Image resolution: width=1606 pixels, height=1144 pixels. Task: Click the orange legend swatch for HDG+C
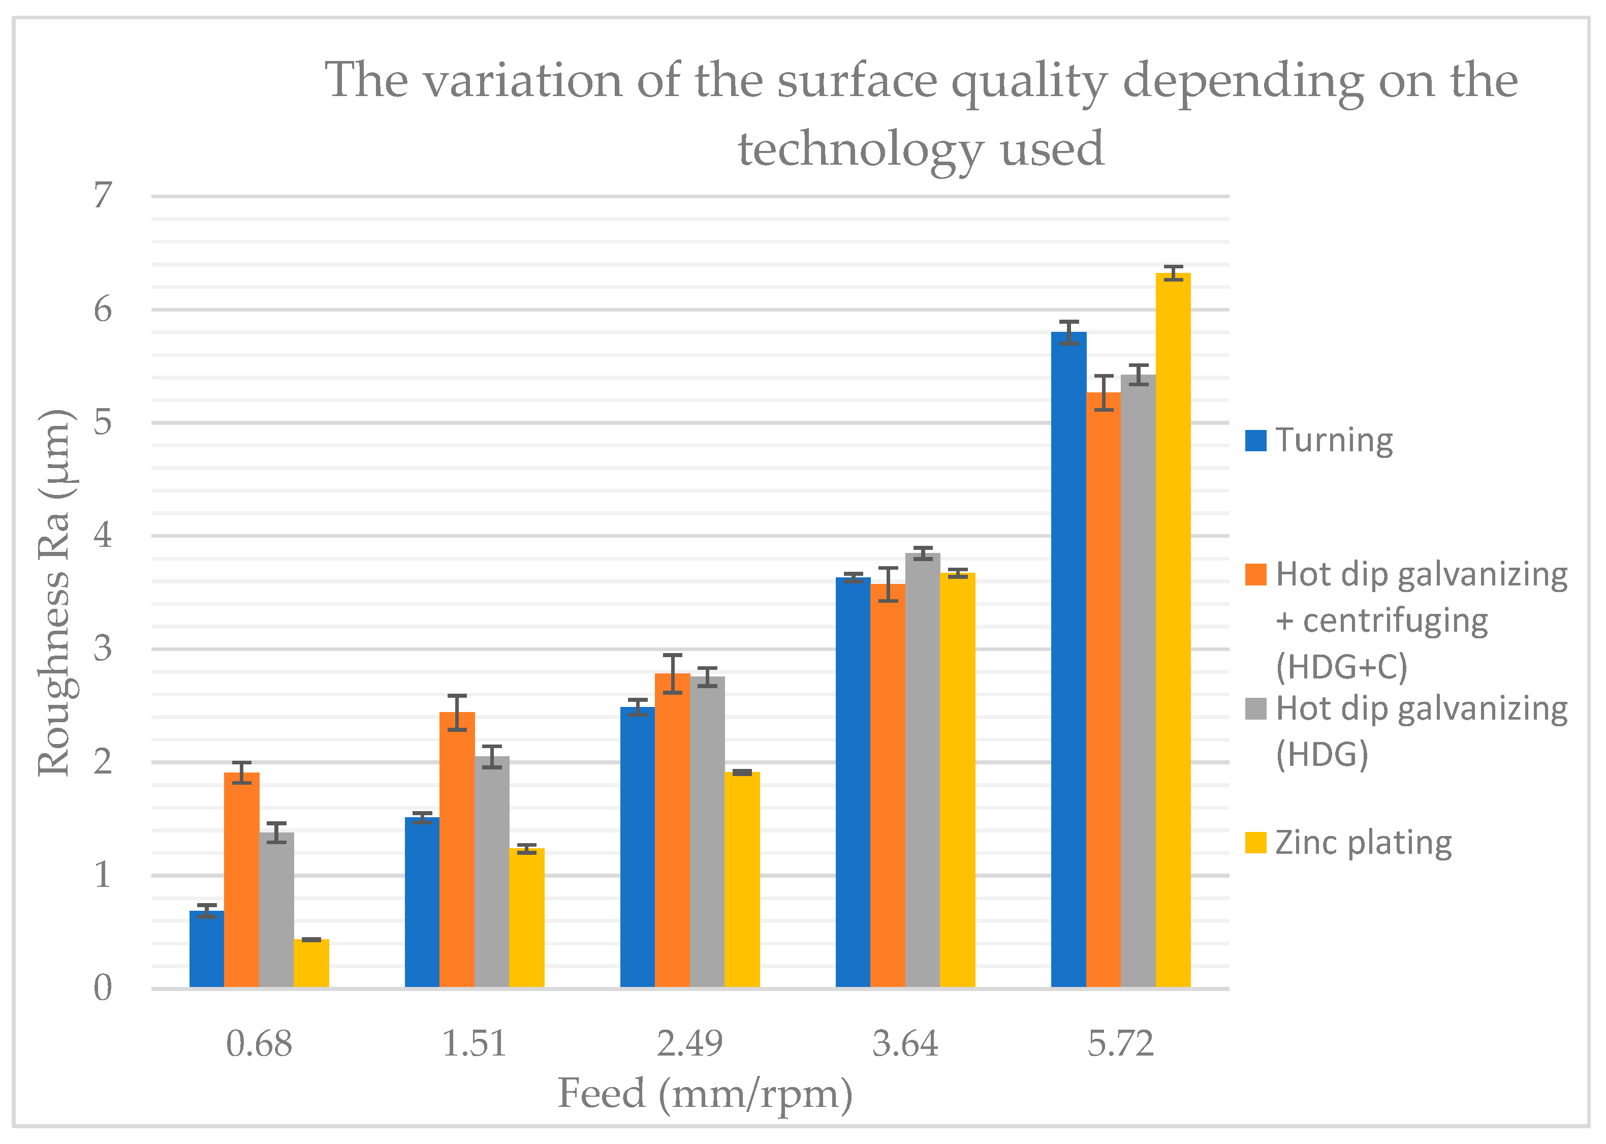pyautogui.click(x=1255, y=574)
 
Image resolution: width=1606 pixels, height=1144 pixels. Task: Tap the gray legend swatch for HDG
pyautogui.click(x=1255, y=708)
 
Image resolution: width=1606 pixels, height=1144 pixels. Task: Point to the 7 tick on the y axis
pyautogui.click(x=103, y=195)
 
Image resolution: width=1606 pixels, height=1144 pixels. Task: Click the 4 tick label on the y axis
pyautogui.click(x=103, y=535)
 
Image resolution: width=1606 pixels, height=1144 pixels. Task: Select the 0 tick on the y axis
pyautogui.click(x=103, y=988)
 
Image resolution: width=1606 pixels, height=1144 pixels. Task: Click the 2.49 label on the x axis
pyautogui.click(x=689, y=1044)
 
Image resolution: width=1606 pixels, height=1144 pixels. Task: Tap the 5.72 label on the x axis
pyautogui.click(x=1120, y=1044)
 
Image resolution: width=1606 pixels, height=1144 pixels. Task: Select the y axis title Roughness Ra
pyautogui.click(x=55, y=592)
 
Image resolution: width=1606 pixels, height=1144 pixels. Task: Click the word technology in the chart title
pyautogui.click(x=860, y=149)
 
